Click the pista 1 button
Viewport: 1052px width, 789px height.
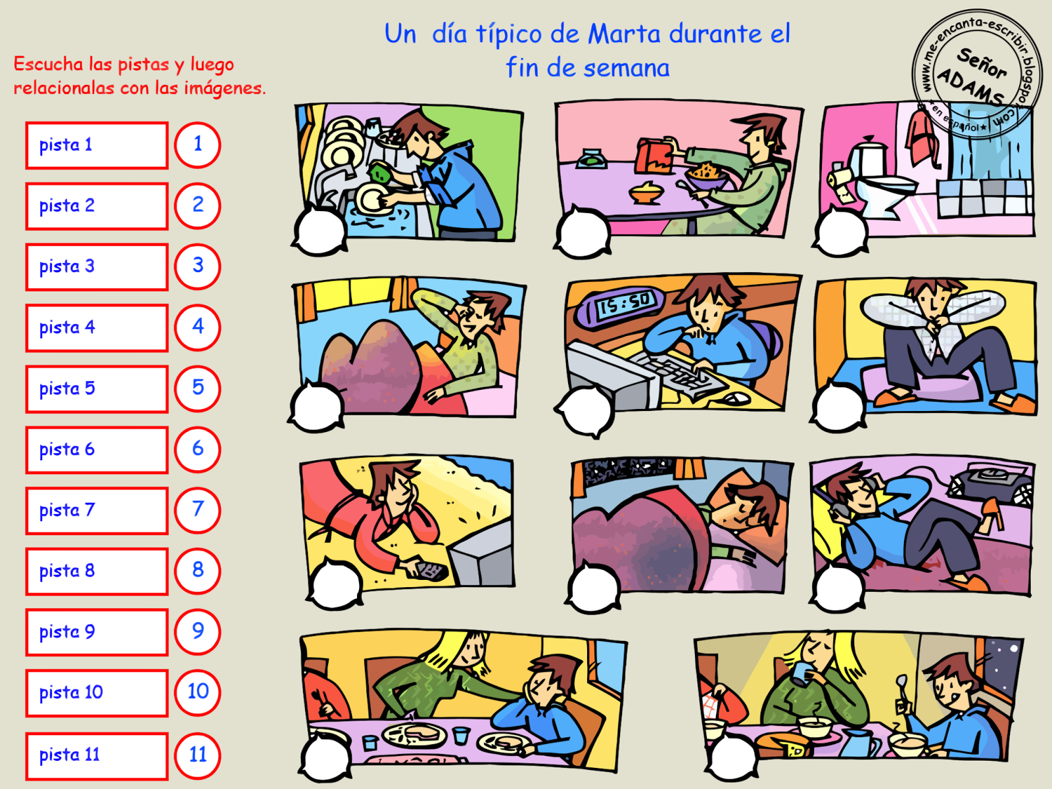point(97,145)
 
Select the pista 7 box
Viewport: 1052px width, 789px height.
point(97,511)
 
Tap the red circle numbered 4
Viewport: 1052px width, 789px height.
point(197,327)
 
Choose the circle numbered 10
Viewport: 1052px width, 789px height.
point(197,693)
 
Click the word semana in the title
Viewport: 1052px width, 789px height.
point(627,68)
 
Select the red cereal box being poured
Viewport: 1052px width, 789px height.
point(654,153)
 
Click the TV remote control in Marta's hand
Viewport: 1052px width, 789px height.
point(431,571)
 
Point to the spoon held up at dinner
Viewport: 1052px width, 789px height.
point(901,690)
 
